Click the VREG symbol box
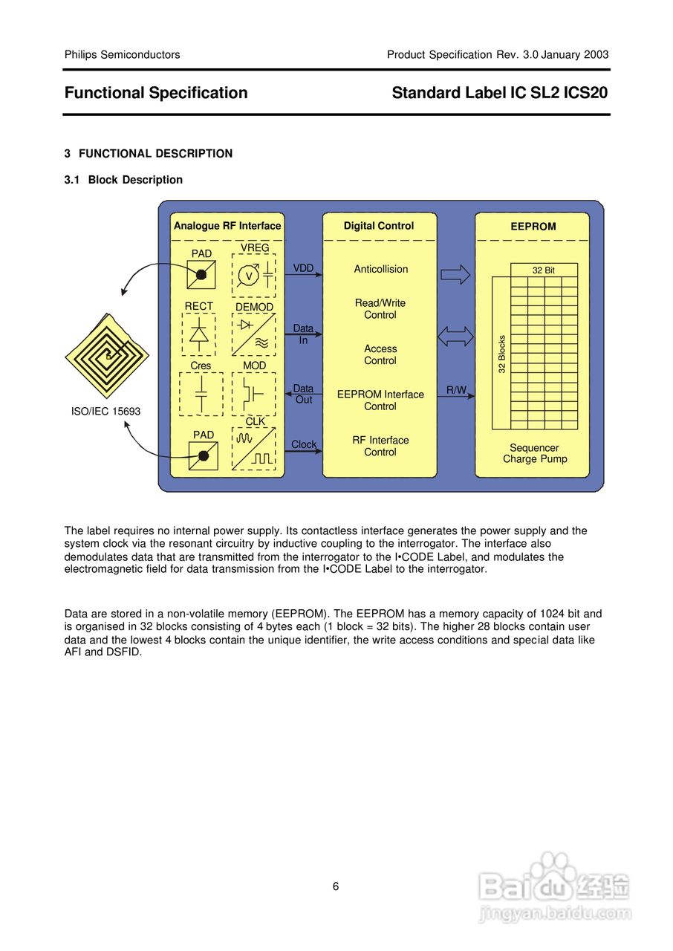coord(253,276)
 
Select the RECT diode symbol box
coord(198,334)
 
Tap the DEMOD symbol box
coord(253,334)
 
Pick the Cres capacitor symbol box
coord(201,394)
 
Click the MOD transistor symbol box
coord(253,394)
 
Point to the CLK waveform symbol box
coord(253,448)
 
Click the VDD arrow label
coord(303,268)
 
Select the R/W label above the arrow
coord(456,390)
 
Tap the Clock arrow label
coord(304,444)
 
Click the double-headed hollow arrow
coord(455,337)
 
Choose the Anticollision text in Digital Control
coord(381,270)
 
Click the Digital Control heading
coord(379,226)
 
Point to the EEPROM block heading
coord(533,227)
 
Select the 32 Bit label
coord(544,270)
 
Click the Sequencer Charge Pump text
coord(535,453)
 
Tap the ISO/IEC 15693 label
coord(105,411)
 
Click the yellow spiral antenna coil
coord(107,356)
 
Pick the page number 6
coord(336,886)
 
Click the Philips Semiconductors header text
coord(122,54)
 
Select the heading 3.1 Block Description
coord(123,180)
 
